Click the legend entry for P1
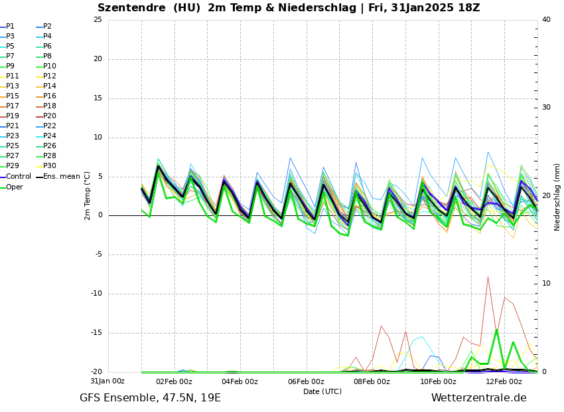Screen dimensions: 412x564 10,27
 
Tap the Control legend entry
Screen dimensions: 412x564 19,177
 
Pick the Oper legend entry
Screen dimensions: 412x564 15,187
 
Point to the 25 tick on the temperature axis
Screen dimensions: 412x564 98,20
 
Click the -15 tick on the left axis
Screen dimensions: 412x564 96,334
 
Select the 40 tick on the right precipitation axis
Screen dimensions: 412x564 546,20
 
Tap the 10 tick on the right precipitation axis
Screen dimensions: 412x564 546,284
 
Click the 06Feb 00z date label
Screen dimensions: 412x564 306,382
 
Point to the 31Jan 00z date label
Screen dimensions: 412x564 107,381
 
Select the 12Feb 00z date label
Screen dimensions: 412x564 504,382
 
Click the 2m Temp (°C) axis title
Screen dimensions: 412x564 88,195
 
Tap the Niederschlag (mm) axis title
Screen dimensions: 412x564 557,197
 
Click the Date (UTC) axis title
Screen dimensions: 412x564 322,392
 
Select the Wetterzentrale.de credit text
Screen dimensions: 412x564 478,398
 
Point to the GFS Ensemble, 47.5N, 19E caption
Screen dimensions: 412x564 150,398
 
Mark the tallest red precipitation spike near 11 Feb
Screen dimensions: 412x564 488,277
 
